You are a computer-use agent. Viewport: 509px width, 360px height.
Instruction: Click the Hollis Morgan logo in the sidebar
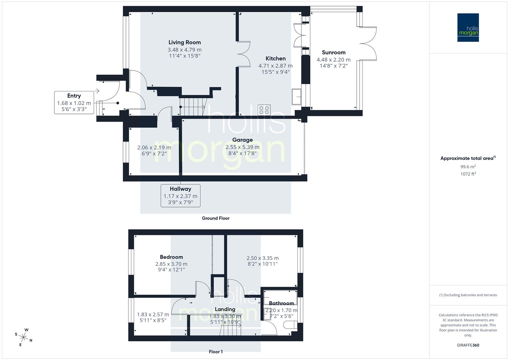coord(468,27)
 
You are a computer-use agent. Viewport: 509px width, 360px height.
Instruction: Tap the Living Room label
coord(184,42)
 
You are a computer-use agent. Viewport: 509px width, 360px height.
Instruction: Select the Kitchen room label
coord(275,58)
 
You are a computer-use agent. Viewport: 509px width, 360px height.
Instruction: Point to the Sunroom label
coord(333,52)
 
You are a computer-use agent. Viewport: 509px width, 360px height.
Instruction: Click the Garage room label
coord(242,140)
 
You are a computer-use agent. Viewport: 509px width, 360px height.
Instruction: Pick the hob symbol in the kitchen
coord(264,110)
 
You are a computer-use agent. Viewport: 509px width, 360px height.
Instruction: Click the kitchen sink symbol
coord(296,97)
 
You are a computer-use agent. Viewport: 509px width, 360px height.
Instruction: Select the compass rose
coord(23,337)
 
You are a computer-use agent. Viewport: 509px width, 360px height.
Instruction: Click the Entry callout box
coord(74,102)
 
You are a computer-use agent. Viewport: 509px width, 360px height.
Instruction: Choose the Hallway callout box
coord(180,196)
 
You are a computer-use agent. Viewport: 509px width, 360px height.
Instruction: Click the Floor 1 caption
coord(216,352)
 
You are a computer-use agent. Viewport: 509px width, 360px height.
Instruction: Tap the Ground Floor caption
coord(216,218)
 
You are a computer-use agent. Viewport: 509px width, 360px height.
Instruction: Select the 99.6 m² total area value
coord(468,167)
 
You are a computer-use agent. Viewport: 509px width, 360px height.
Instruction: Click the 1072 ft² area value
coord(468,174)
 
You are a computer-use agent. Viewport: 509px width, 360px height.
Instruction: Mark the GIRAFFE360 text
coord(468,345)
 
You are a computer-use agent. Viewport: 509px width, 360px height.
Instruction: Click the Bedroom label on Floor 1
coord(171,257)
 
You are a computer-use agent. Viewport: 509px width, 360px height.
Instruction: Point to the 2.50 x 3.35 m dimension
coord(262,258)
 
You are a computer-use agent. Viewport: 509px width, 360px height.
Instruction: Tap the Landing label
coord(225,309)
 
